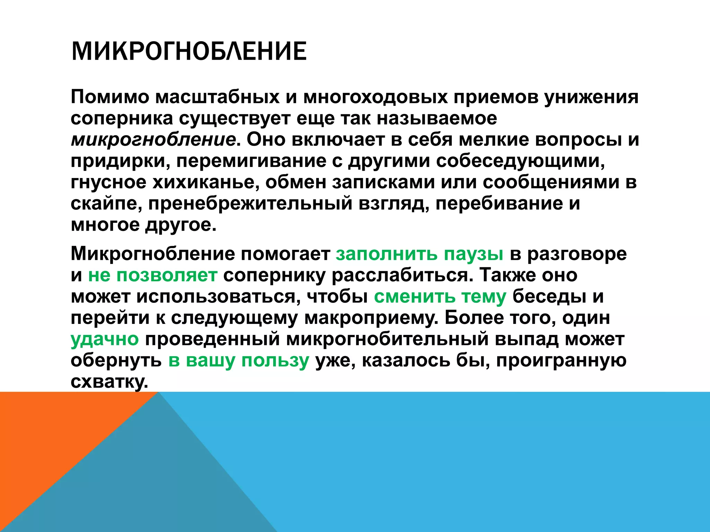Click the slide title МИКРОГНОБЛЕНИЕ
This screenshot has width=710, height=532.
point(189,51)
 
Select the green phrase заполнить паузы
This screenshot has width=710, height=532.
point(419,255)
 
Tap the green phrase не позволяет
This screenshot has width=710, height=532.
point(153,276)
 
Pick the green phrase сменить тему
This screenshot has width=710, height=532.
point(440,297)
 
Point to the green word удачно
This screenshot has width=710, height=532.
point(105,339)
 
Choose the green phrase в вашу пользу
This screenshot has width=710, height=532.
point(239,361)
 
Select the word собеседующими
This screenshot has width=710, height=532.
point(520,161)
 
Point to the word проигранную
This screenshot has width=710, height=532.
point(561,361)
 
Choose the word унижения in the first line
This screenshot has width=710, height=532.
point(591,97)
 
